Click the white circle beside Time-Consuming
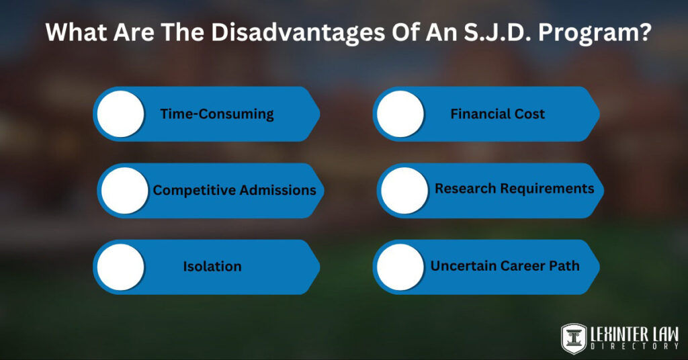click(121, 114)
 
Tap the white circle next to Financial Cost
click(400, 114)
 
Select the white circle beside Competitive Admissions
click(124, 191)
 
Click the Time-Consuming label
click(217, 114)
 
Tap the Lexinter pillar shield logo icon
click(574, 337)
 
